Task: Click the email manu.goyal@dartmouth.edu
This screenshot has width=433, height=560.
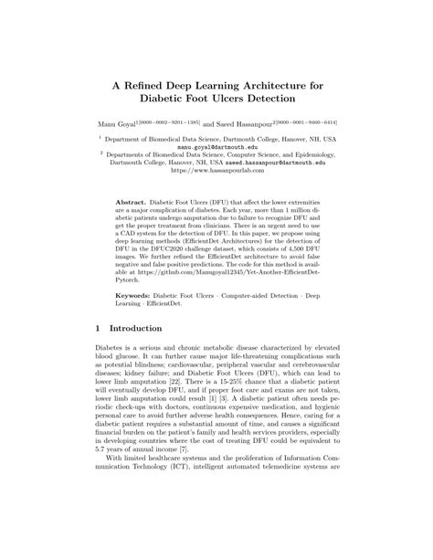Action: point(216,146)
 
